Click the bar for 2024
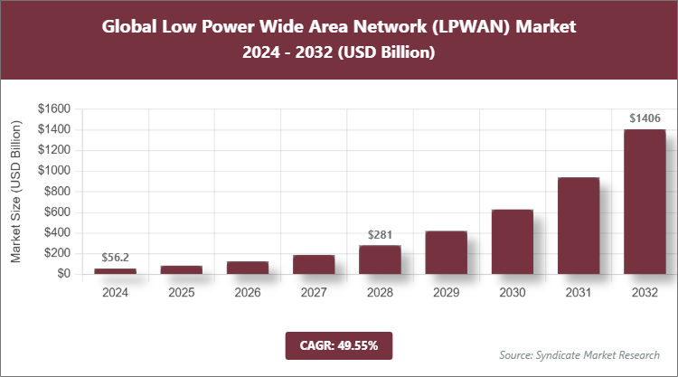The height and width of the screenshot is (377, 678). [115, 271]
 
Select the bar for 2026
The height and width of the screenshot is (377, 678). [247, 268]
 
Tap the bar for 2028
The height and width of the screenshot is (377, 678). [380, 259]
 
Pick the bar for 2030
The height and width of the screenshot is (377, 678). [512, 241]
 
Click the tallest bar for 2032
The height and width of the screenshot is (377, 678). [645, 202]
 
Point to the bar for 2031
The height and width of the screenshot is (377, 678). [579, 226]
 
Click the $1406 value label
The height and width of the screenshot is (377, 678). [645, 118]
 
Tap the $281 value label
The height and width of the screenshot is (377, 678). [380, 235]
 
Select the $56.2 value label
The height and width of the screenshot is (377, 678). [115, 258]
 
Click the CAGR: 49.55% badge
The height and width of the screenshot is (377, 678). [339, 344]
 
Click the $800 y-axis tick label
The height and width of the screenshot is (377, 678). [57, 192]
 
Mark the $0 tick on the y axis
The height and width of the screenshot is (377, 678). [63, 274]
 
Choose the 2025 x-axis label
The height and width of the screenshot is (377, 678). [181, 293]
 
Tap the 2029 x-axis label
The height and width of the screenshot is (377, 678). [446, 293]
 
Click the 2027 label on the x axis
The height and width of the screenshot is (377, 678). [314, 293]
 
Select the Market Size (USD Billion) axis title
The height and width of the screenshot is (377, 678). [16, 192]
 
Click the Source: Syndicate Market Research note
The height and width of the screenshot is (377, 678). [579, 354]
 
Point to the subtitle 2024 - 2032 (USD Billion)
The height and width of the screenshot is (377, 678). [339, 53]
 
